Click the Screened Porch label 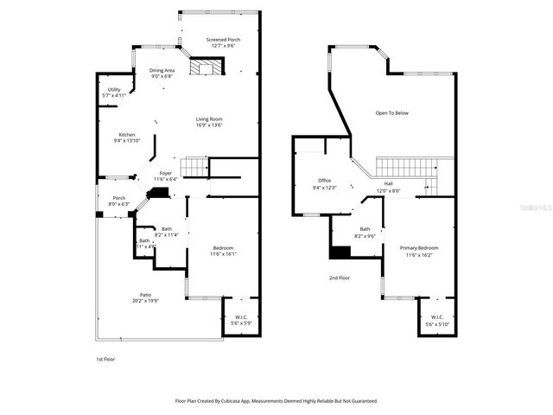[223, 40]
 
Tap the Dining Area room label [162, 70]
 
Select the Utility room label [114, 89]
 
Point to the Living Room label [209, 118]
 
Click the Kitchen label [127, 135]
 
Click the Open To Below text [391, 112]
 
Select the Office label [324, 181]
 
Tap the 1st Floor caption [105, 358]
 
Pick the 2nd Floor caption [339, 278]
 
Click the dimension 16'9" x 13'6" [209, 125]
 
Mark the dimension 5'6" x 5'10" [436, 324]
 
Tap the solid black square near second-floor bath [340, 252]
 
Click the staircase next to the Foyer [197, 166]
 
